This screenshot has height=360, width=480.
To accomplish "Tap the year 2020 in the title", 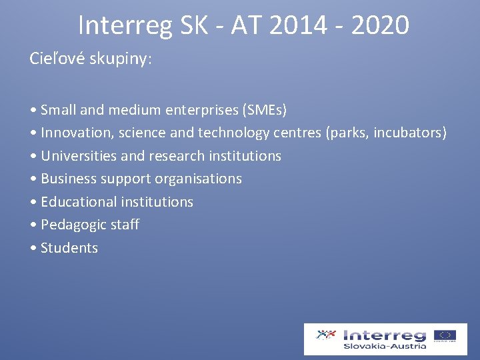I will pyautogui.click(x=379, y=25).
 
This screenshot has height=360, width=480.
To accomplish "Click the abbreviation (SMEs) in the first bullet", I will pyautogui.click(x=265, y=109).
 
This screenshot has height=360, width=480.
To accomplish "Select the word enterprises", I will pyautogui.click(x=200, y=109).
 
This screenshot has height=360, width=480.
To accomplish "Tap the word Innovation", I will pyautogui.click(x=77, y=133).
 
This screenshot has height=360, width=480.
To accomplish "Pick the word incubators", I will pyautogui.click(x=409, y=133).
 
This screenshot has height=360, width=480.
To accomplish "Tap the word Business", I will pyautogui.click(x=69, y=179).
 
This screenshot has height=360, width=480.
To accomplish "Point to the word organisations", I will pyautogui.click(x=198, y=179).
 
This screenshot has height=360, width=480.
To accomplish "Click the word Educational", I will pyautogui.click(x=79, y=202).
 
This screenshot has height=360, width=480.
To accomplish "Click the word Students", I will pyautogui.click(x=69, y=248).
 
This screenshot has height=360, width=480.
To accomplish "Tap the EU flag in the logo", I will pyautogui.click(x=445, y=335).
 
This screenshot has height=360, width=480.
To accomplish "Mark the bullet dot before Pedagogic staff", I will pyautogui.click(x=33, y=225).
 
